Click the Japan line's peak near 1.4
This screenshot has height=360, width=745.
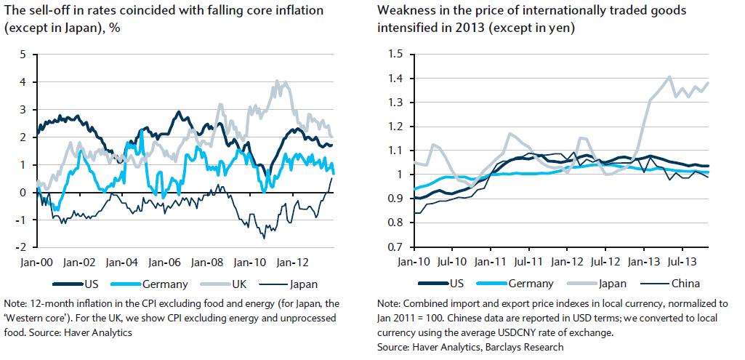tap(669, 76)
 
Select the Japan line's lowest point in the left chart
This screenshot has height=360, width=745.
tap(263, 238)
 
